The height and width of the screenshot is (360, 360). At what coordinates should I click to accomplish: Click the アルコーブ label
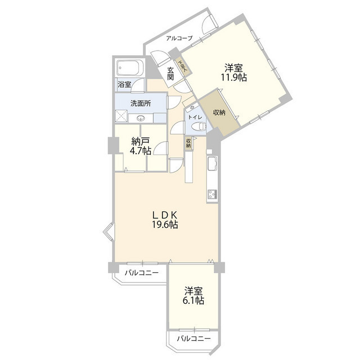179,38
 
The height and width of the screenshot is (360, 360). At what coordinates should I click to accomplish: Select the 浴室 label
124,84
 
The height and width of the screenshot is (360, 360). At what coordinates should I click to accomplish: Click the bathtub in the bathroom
130,69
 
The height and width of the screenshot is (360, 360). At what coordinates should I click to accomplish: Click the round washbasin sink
141,118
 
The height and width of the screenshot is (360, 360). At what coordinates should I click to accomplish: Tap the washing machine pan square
122,116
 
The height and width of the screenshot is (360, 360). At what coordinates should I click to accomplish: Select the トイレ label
194,117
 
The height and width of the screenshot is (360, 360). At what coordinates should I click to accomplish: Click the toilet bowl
195,128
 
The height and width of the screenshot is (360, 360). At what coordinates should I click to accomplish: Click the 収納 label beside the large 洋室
219,112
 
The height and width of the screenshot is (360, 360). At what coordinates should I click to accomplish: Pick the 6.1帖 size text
193,301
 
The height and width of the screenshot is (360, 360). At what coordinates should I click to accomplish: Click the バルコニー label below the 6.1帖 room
194,339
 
